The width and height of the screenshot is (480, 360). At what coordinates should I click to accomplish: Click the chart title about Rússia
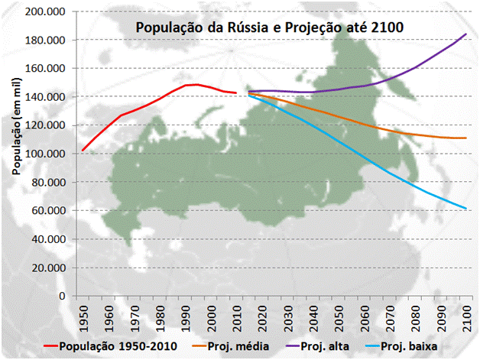click(269, 28)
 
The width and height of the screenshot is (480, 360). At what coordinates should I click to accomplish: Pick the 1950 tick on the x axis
click(83, 316)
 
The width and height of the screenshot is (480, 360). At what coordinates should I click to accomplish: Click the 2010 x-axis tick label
click(233, 316)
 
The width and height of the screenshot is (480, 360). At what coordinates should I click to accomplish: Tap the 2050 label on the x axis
click(338, 316)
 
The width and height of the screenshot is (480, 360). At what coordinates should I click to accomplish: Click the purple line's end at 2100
click(465, 34)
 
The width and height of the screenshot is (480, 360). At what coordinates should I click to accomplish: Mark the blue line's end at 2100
click(465, 209)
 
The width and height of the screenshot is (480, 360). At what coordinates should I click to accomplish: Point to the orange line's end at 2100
click(465, 138)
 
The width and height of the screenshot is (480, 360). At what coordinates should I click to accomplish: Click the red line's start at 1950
click(83, 150)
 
